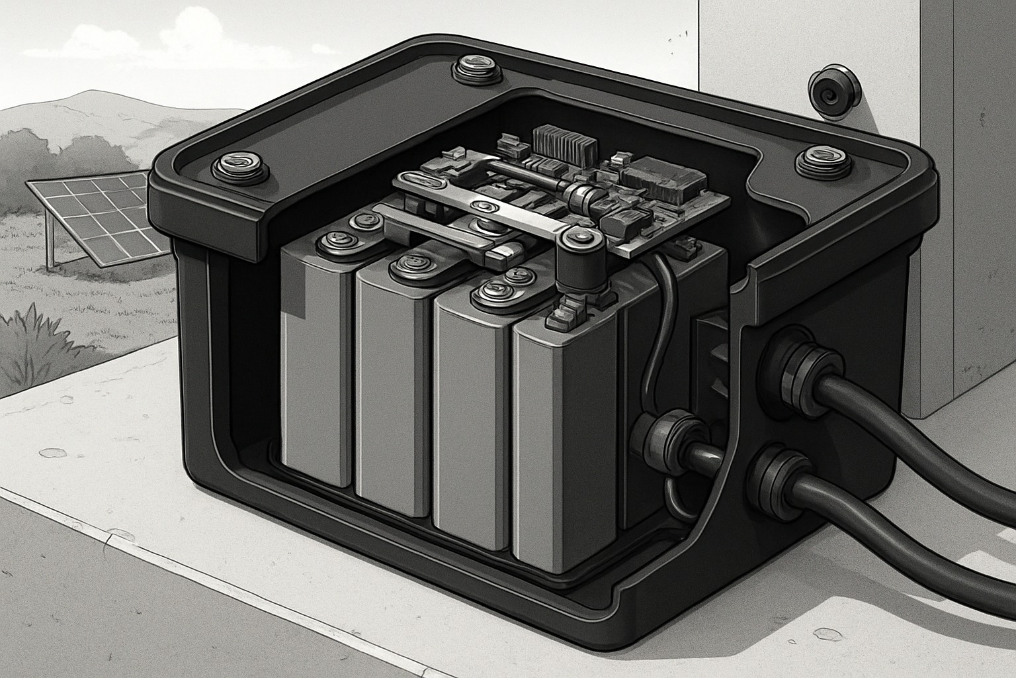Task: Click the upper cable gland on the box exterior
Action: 800,371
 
